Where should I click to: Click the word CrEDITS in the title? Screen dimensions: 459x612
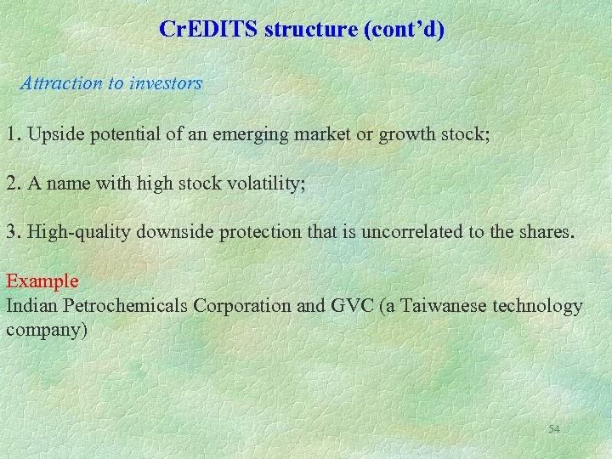[208, 31]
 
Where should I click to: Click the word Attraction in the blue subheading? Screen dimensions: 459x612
[59, 83]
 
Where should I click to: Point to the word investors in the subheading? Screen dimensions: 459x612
[167, 83]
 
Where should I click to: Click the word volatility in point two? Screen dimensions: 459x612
[258, 184]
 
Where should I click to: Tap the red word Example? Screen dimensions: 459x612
[42, 281]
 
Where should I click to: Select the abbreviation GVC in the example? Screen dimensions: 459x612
[340, 305]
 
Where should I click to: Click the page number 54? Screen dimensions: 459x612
[554, 429]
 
